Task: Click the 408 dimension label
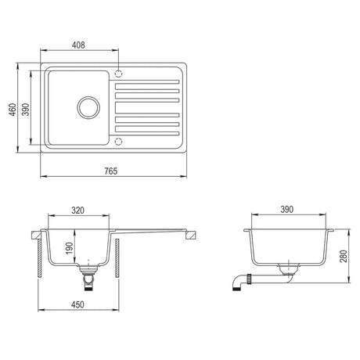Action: point(78,45)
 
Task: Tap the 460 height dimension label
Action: point(13,110)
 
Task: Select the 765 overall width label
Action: point(111,171)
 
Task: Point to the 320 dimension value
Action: point(78,211)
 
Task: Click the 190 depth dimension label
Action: point(69,248)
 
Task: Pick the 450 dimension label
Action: point(77,304)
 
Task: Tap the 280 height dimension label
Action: point(344,256)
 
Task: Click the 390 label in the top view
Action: point(26,110)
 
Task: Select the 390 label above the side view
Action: point(287,209)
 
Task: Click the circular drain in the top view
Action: point(88,107)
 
